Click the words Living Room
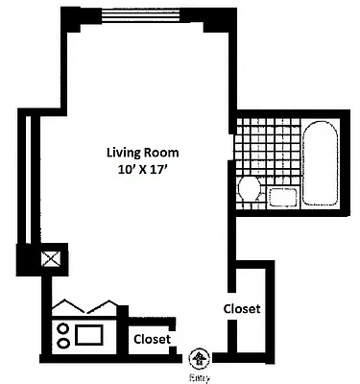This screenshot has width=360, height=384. (x=142, y=152)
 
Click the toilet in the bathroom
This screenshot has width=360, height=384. (x=250, y=188)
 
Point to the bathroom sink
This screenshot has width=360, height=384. (x=282, y=198)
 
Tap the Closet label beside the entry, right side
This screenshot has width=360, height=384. (x=242, y=308)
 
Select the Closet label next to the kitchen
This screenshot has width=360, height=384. (x=152, y=339)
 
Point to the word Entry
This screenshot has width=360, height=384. (x=199, y=376)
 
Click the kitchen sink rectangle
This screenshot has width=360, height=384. (x=89, y=335)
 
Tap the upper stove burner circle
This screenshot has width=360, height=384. (x=63, y=327)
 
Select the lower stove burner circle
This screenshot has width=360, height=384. (x=63, y=342)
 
